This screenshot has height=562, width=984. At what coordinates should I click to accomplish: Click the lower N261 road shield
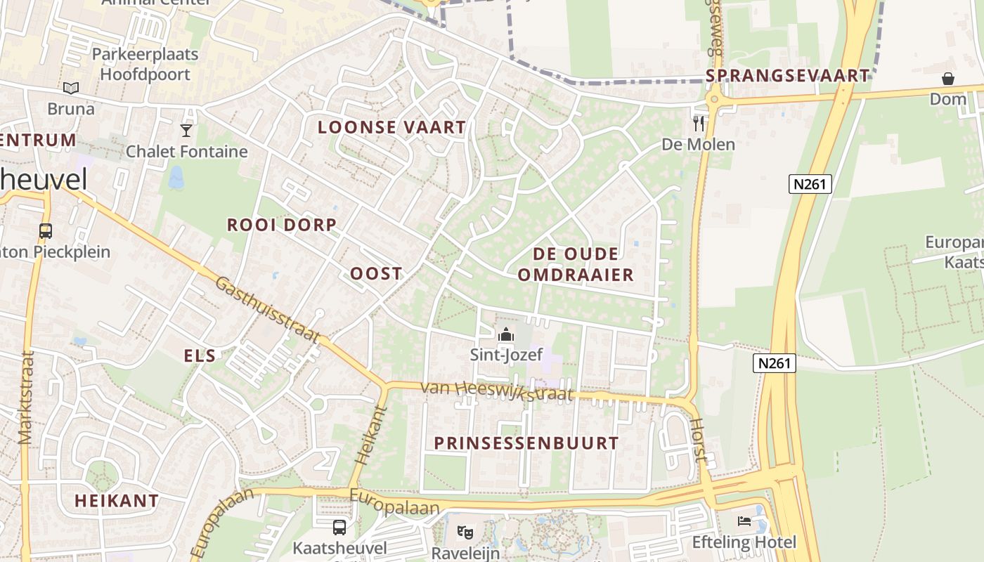coord(775,363)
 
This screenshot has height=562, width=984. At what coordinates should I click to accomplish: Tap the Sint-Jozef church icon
coord(505,335)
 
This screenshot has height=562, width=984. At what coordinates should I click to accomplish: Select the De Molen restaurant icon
coord(698,124)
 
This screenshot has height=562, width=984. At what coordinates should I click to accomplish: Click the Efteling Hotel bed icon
coord(744,521)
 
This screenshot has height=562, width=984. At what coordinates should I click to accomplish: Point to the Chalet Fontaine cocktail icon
coord(186,130)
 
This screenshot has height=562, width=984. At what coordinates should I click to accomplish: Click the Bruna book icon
coord(70,89)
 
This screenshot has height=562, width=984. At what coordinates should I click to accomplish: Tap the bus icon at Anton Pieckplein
coord(46,230)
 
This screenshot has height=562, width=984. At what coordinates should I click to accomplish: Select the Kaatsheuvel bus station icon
coord(339,527)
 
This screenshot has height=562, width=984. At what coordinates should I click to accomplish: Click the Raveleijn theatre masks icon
coord(464,532)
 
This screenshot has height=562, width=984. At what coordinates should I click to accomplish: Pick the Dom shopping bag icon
coord(948,79)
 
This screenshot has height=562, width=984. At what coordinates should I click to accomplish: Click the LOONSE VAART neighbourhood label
coord(391,127)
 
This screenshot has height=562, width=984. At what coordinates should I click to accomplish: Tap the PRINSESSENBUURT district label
coord(526,443)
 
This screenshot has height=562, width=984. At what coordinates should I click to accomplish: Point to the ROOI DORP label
coord(282,225)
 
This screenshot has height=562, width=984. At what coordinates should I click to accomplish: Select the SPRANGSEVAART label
coord(787,76)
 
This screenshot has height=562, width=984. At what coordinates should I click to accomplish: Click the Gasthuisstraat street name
coord(268,309)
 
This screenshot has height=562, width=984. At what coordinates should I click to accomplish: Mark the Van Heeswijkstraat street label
coord(498,391)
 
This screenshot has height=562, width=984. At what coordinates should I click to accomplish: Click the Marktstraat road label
coord(27,398)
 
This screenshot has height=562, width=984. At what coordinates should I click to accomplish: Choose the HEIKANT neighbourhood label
coord(117,501)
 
